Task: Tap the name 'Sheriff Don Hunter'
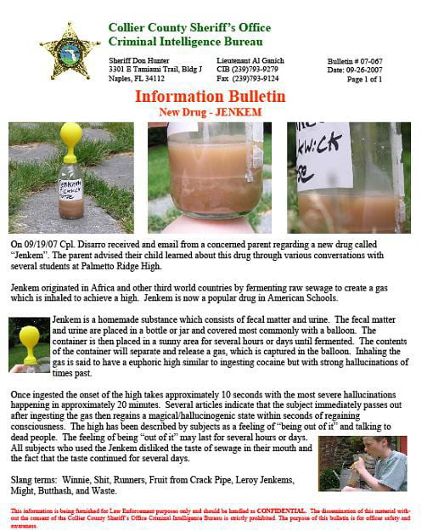139,61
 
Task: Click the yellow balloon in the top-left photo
70,137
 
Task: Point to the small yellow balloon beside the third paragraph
30,335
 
